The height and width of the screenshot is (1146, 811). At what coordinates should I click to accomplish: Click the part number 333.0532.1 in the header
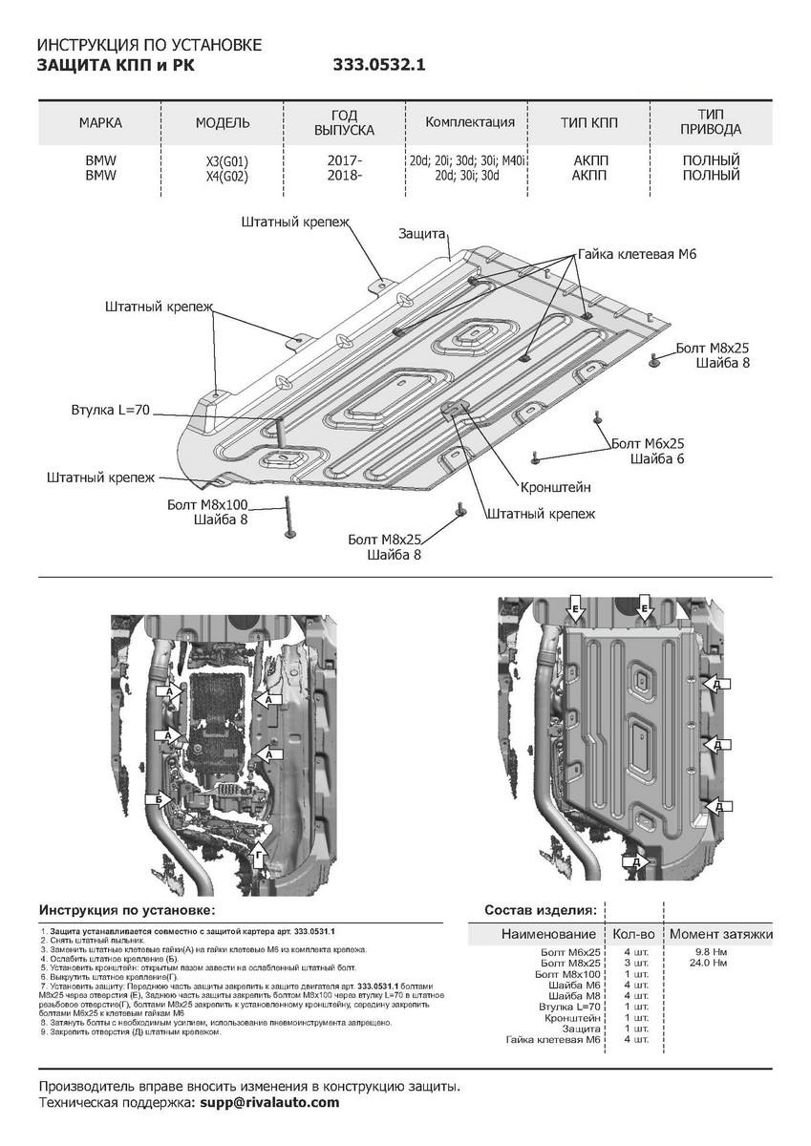pos(378,66)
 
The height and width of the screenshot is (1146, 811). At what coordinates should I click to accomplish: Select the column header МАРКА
pos(100,123)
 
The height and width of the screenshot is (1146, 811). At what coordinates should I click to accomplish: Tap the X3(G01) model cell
pos(223,161)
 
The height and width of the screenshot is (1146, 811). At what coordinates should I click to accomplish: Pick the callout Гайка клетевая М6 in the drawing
pos(637,255)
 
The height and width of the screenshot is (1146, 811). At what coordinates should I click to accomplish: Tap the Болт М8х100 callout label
pos(206,502)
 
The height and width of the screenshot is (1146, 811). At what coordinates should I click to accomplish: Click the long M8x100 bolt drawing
pos(284,520)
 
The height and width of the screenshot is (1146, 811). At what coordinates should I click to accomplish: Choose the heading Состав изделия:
pos(541,909)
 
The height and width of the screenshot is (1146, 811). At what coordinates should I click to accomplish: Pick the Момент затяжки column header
pos(720,933)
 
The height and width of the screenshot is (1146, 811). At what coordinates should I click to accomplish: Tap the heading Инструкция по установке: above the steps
pos(127,909)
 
